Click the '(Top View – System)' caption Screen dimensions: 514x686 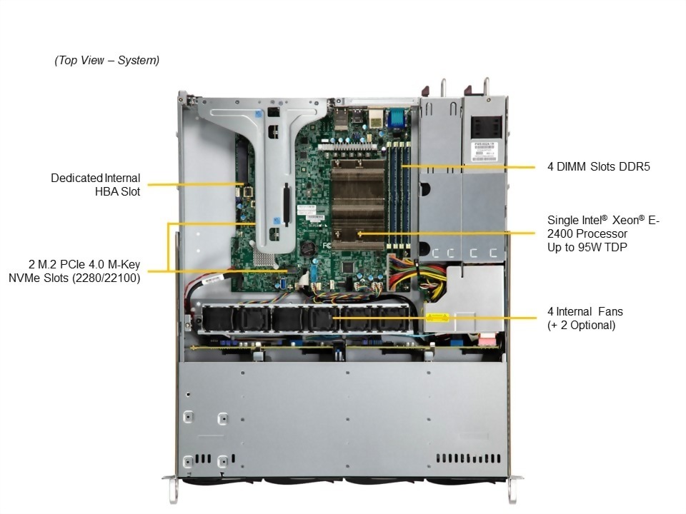[107, 61]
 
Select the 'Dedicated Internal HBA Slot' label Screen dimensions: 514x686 [96, 184]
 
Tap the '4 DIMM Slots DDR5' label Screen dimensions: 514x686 [599, 167]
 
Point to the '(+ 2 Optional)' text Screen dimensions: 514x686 [581, 325]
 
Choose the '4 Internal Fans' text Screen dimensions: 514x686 [585, 311]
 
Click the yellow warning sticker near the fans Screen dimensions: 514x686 [435, 318]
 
